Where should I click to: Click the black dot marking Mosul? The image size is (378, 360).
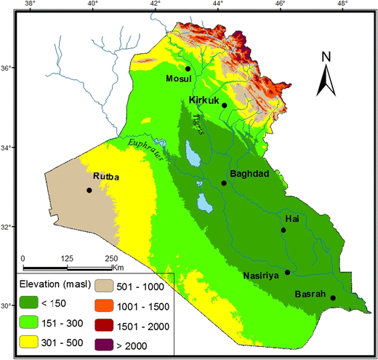click(x=188, y=68)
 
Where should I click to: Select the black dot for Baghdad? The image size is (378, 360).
click(x=224, y=183)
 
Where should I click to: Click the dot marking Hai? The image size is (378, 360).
click(x=283, y=230)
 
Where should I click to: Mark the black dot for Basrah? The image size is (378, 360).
click(x=333, y=297)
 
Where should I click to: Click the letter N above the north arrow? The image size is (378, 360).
click(x=326, y=57)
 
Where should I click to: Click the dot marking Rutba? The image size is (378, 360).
click(x=89, y=190)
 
